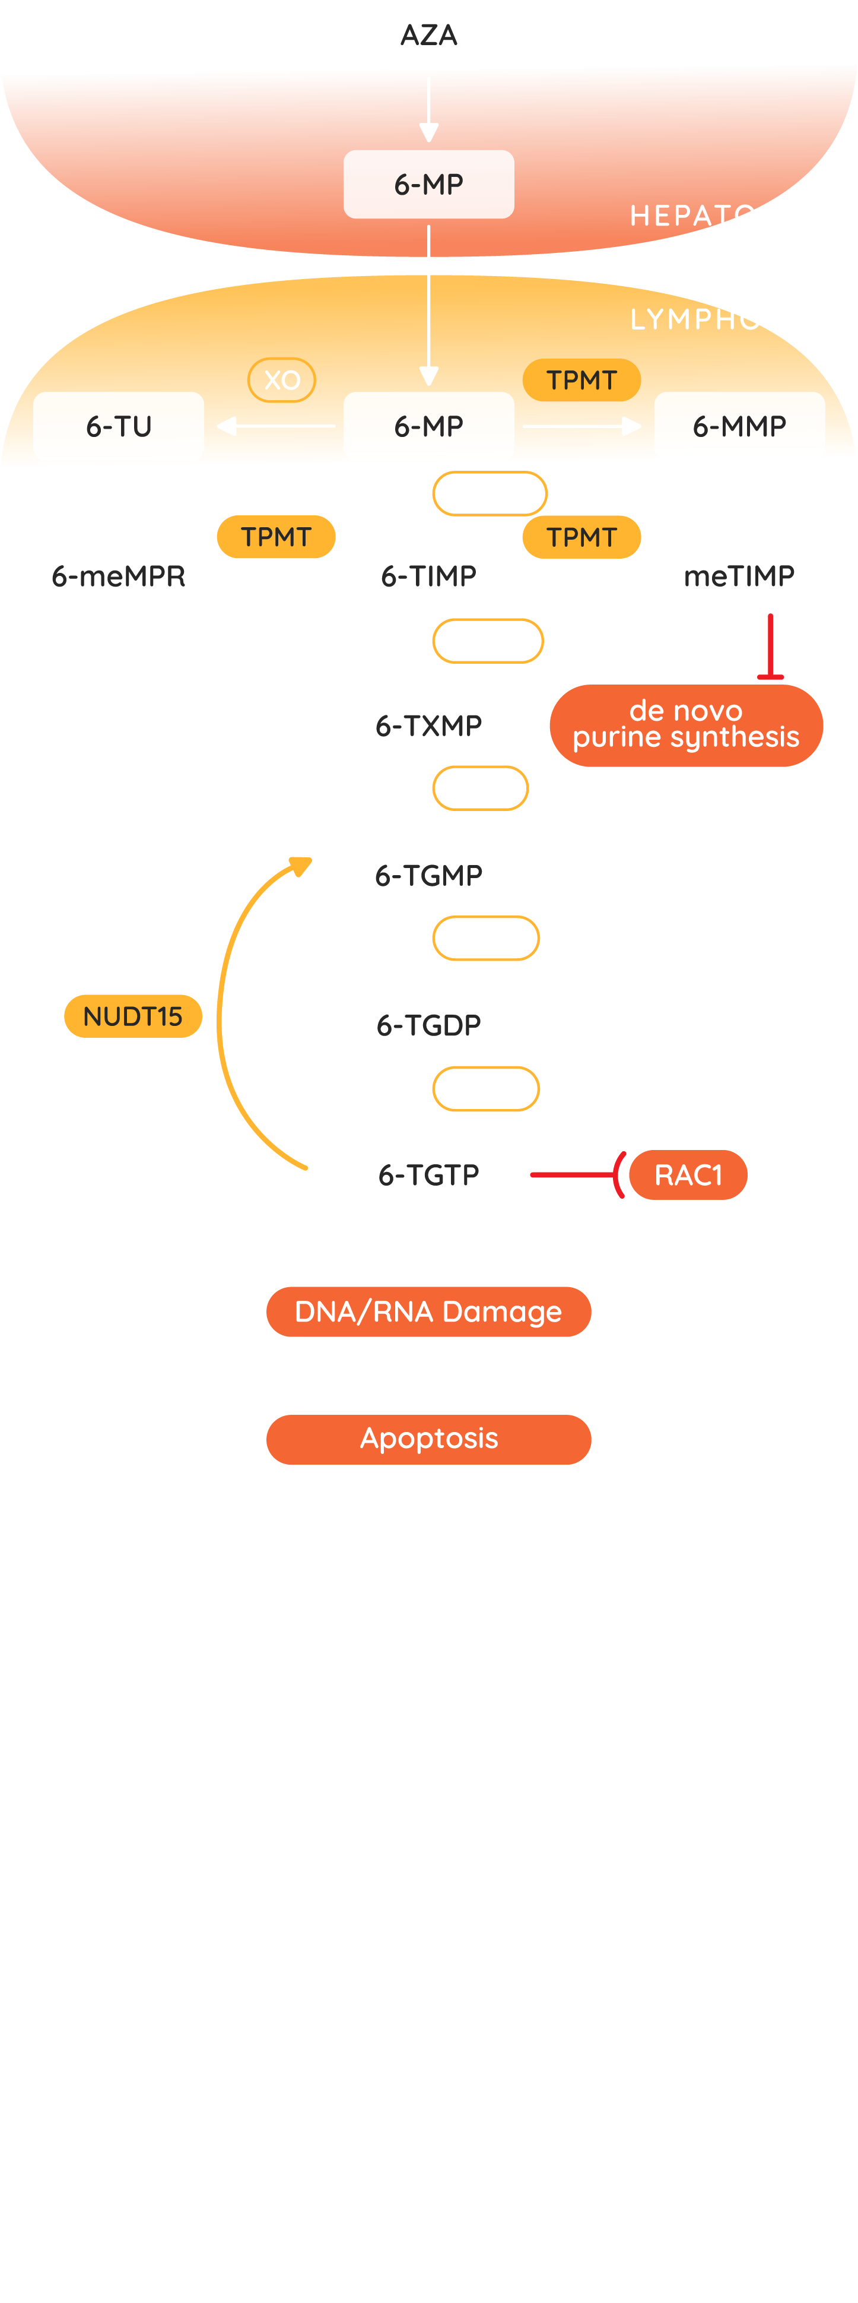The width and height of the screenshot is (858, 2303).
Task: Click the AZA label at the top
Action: [429, 35]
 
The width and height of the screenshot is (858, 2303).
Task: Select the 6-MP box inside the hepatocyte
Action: [429, 184]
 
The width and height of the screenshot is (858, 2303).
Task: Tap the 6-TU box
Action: [119, 426]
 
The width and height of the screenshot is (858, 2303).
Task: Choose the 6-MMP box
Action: [739, 426]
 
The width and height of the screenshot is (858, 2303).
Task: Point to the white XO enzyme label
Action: [282, 380]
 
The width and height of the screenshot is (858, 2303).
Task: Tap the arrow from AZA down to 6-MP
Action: [429, 109]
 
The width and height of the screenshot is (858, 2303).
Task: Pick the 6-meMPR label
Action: [119, 576]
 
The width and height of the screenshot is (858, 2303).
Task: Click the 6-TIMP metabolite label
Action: [429, 576]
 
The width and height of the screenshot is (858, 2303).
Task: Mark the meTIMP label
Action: [739, 576]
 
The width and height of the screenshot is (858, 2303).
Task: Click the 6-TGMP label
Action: [429, 875]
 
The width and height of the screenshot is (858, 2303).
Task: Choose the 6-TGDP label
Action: [429, 1025]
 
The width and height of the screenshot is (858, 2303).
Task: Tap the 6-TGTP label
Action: [429, 1175]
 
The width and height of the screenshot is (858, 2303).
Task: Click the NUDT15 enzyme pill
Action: [133, 1016]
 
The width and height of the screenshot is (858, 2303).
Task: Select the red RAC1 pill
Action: [688, 1175]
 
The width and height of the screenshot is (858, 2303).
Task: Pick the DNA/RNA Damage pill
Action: [429, 1312]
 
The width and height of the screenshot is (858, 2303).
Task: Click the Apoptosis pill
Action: [429, 1439]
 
